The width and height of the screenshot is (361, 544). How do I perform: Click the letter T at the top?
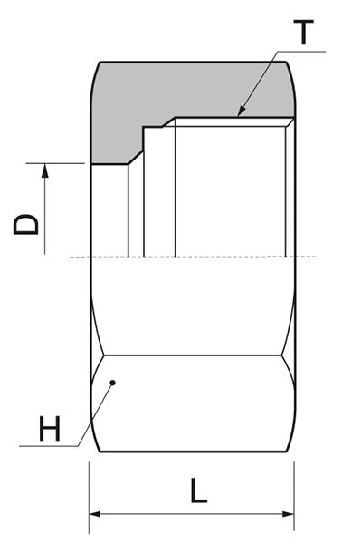[305, 34]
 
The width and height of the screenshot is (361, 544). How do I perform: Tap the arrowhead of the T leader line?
[239, 115]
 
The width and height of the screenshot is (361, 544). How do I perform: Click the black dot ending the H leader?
[113, 383]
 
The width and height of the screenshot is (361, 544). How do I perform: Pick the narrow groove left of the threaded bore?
[136, 209]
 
